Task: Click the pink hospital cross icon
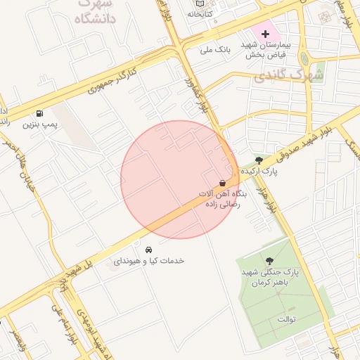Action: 265,34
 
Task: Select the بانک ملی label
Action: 216,50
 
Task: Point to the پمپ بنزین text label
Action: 39,125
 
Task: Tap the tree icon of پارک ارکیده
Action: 259,161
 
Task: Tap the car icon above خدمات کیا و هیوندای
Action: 148,250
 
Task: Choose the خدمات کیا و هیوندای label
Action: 148,261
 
